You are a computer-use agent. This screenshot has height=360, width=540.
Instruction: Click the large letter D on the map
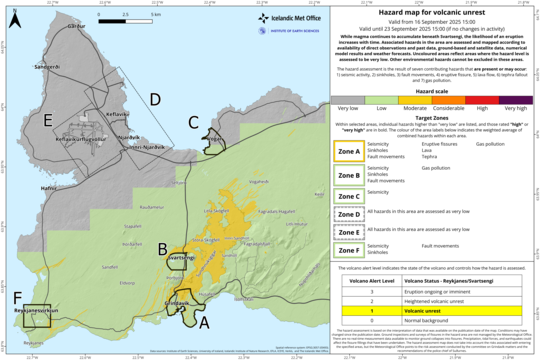(155, 98)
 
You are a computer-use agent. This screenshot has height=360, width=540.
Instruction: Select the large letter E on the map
(48, 120)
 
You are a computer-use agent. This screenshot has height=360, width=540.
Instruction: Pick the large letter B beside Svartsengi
(163, 248)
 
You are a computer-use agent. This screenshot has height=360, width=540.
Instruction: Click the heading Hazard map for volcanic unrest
(432, 9)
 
